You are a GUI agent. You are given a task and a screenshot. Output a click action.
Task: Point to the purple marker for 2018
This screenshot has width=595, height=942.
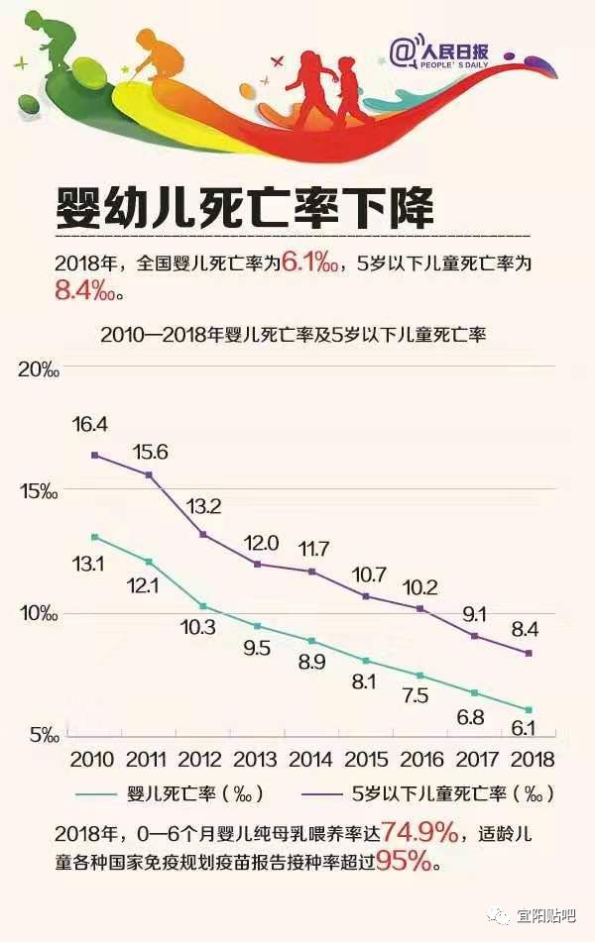pyautogui.click(x=529, y=653)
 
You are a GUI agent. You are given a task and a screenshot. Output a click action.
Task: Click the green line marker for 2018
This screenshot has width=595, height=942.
pyautogui.click(x=529, y=709)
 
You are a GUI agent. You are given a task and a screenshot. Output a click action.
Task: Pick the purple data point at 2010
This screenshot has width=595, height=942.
pyautogui.click(x=94, y=455)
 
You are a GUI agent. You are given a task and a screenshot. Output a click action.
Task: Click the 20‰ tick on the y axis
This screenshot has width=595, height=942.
pyautogui.click(x=40, y=370)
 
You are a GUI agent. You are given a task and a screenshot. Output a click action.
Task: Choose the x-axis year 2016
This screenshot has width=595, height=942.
pyautogui.click(x=420, y=759)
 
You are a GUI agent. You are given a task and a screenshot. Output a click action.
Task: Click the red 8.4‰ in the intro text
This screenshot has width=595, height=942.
pyautogui.click(x=89, y=291)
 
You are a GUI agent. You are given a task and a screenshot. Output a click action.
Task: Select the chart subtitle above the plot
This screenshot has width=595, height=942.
pyautogui.click(x=293, y=335)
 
